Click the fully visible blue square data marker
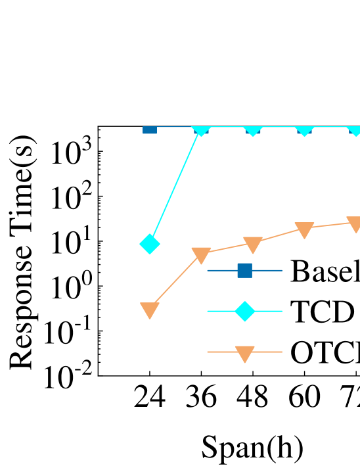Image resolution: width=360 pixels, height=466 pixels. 150,130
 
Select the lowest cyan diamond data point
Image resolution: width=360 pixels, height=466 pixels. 150,244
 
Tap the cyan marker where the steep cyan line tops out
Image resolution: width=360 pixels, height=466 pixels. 201,129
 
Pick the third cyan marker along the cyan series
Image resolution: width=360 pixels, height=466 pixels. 253,129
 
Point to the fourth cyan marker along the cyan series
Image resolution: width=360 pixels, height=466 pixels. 304,129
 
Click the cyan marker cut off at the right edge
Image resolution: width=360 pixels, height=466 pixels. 355,129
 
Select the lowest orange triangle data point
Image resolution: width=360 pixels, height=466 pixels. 150,310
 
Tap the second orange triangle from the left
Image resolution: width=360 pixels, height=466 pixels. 201,255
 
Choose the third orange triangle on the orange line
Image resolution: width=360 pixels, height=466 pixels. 253,245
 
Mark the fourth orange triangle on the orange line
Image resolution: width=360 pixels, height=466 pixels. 304,229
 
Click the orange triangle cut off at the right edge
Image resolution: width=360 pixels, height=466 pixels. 355,223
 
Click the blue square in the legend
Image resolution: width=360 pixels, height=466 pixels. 244,270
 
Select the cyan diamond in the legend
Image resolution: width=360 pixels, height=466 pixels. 244,311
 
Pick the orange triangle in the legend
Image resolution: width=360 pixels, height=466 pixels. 244,354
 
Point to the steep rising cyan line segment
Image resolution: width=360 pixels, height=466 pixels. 175,187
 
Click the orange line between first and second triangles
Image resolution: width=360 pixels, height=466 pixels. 175,281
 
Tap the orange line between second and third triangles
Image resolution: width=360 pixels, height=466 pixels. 227,248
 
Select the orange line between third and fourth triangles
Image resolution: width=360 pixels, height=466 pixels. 279,235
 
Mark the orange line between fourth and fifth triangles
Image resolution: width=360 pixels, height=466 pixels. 330,225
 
